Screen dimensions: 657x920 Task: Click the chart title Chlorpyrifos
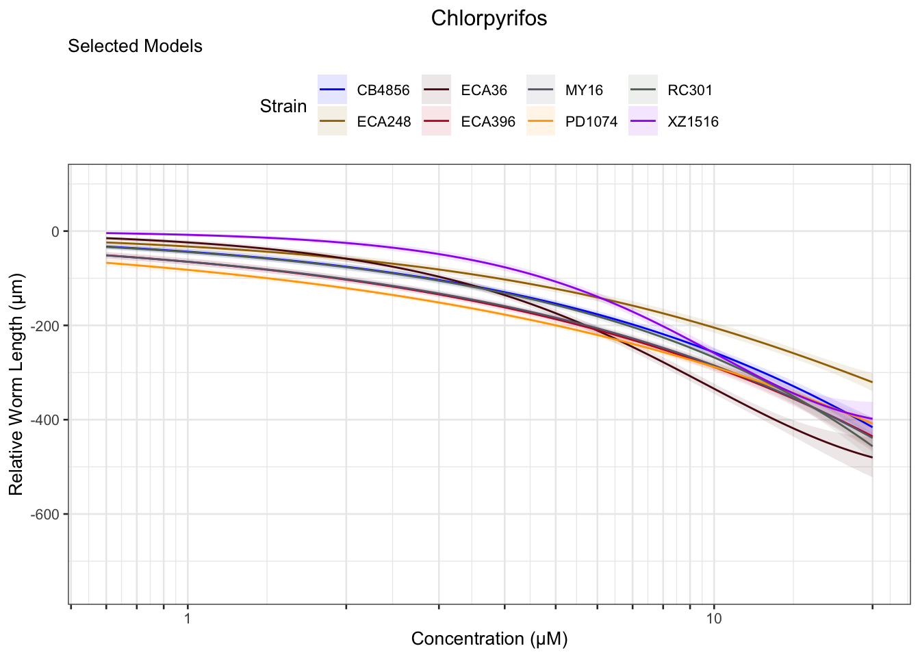click(489, 18)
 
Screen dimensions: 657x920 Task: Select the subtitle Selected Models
click(135, 47)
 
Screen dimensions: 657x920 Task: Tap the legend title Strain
click(283, 107)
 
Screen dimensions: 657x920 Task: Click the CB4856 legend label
click(383, 90)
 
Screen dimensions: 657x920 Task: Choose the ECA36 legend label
click(484, 90)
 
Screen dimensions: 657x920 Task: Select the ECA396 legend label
click(488, 123)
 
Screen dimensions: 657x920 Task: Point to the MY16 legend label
click(584, 90)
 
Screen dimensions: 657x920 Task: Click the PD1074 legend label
click(591, 123)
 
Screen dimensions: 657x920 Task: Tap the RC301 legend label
click(690, 90)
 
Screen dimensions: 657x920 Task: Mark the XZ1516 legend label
click(693, 123)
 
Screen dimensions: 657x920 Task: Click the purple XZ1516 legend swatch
click(643, 122)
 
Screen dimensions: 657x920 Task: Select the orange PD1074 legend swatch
click(541, 122)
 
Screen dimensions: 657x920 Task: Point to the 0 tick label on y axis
click(55, 231)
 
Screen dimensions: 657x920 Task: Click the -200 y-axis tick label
click(46, 326)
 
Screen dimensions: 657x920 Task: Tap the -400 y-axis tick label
click(46, 420)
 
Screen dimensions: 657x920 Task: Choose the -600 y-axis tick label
click(46, 515)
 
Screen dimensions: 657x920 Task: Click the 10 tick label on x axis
click(714, 619)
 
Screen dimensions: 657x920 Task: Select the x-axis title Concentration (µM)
click(489, 639)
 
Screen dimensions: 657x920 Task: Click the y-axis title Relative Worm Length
click(16, 384)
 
